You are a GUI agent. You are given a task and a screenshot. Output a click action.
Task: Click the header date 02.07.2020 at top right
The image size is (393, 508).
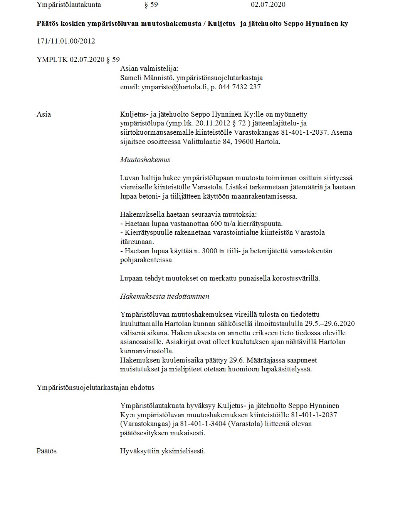[x=268, y=5]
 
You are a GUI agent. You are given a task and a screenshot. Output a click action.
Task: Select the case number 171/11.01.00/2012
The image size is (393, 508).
[x=65, y=41]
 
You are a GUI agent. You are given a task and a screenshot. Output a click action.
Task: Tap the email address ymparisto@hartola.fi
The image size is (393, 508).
[x=174, y=87]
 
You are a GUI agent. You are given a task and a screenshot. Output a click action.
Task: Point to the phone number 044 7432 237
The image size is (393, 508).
[x=239, y=87]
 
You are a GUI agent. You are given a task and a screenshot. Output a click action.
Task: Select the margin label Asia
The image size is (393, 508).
[x=44, y=114]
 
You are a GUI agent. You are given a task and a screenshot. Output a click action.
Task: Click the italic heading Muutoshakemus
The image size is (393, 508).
[x=145, y=160]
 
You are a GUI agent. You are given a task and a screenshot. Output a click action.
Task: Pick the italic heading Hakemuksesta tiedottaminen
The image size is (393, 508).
[x=165, y=296]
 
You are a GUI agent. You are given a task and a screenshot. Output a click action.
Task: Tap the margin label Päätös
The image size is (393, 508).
[x=46, y=451]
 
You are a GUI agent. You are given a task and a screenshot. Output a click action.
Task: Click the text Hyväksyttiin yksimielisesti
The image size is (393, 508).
[x=163, y=451]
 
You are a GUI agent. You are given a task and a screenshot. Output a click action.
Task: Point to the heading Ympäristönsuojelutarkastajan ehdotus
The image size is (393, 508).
[x=96, y=388]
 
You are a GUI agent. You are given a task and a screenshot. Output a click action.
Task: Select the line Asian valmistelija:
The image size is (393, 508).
[x=149, y=69]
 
